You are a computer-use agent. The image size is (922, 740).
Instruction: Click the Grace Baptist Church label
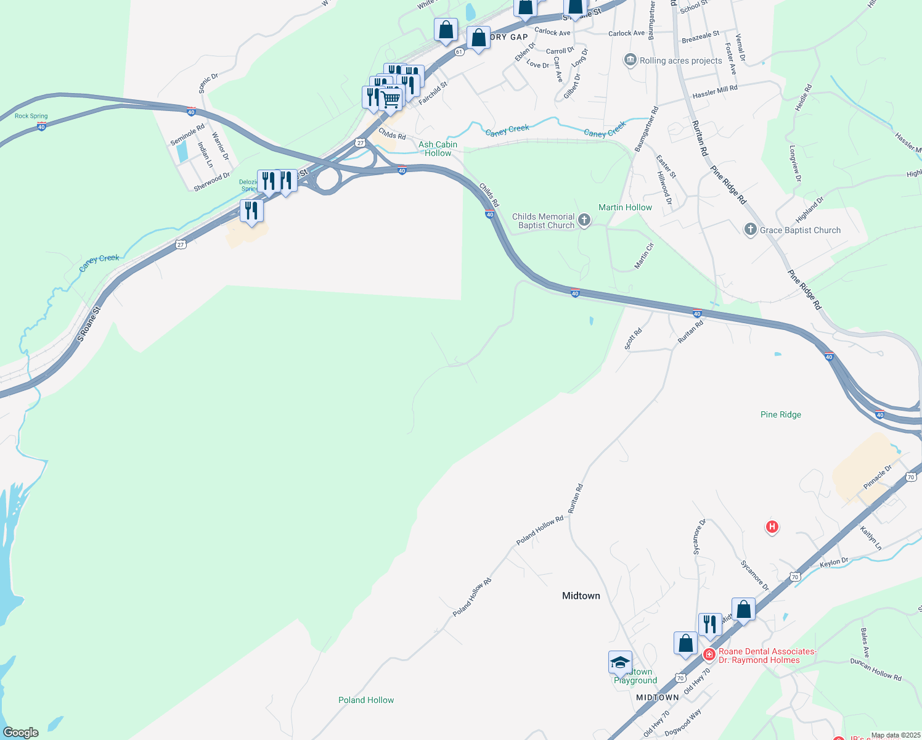click(800, 230)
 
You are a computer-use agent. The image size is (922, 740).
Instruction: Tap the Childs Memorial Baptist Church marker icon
click(584, 220)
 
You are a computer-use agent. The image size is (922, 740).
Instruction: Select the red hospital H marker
click(772, 527)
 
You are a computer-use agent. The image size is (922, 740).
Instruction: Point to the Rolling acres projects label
click(680, 60)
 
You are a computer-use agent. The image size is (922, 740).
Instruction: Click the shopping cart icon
click(390, 98)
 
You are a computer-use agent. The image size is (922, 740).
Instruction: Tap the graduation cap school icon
click(620, 663)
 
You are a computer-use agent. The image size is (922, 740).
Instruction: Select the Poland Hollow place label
click(366, 700)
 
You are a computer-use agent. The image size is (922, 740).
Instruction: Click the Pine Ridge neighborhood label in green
click(781, 414)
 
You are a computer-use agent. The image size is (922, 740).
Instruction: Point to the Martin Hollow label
click(625, 207)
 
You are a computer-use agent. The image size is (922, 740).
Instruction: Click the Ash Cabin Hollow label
click(438, 149)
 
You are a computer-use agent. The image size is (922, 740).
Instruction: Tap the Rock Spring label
click(31, 116)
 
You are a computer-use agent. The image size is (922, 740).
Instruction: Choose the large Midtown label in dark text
click(581, 596)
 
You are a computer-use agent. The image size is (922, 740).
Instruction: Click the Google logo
click(21, 733)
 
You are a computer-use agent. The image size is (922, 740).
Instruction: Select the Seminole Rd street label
click(187, 135)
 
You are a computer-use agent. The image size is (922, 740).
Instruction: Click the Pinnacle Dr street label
click(878, 477)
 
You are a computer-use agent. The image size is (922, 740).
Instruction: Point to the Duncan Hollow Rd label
click(875, 669)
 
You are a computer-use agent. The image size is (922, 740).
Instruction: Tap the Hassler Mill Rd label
click(715, 92)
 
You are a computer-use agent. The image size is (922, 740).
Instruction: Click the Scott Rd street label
click(633, 339)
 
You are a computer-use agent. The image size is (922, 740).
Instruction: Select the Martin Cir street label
click(644, 255)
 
